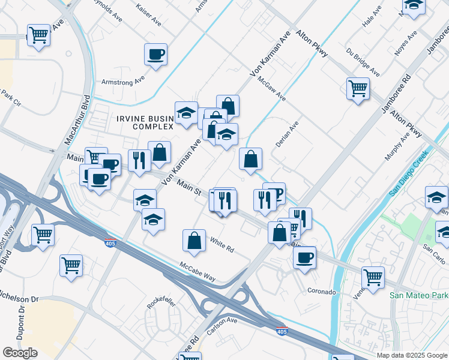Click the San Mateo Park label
click(x=418, y=295)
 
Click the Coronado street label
click(x=322, y=292)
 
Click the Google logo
click(x=20, y=352)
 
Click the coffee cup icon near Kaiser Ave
click(x=155, y=55)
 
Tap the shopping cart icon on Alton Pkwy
click(x=358, y=89)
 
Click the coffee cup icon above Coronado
click(x=305, y=257)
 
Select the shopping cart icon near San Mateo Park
click(x=373, y=278)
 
